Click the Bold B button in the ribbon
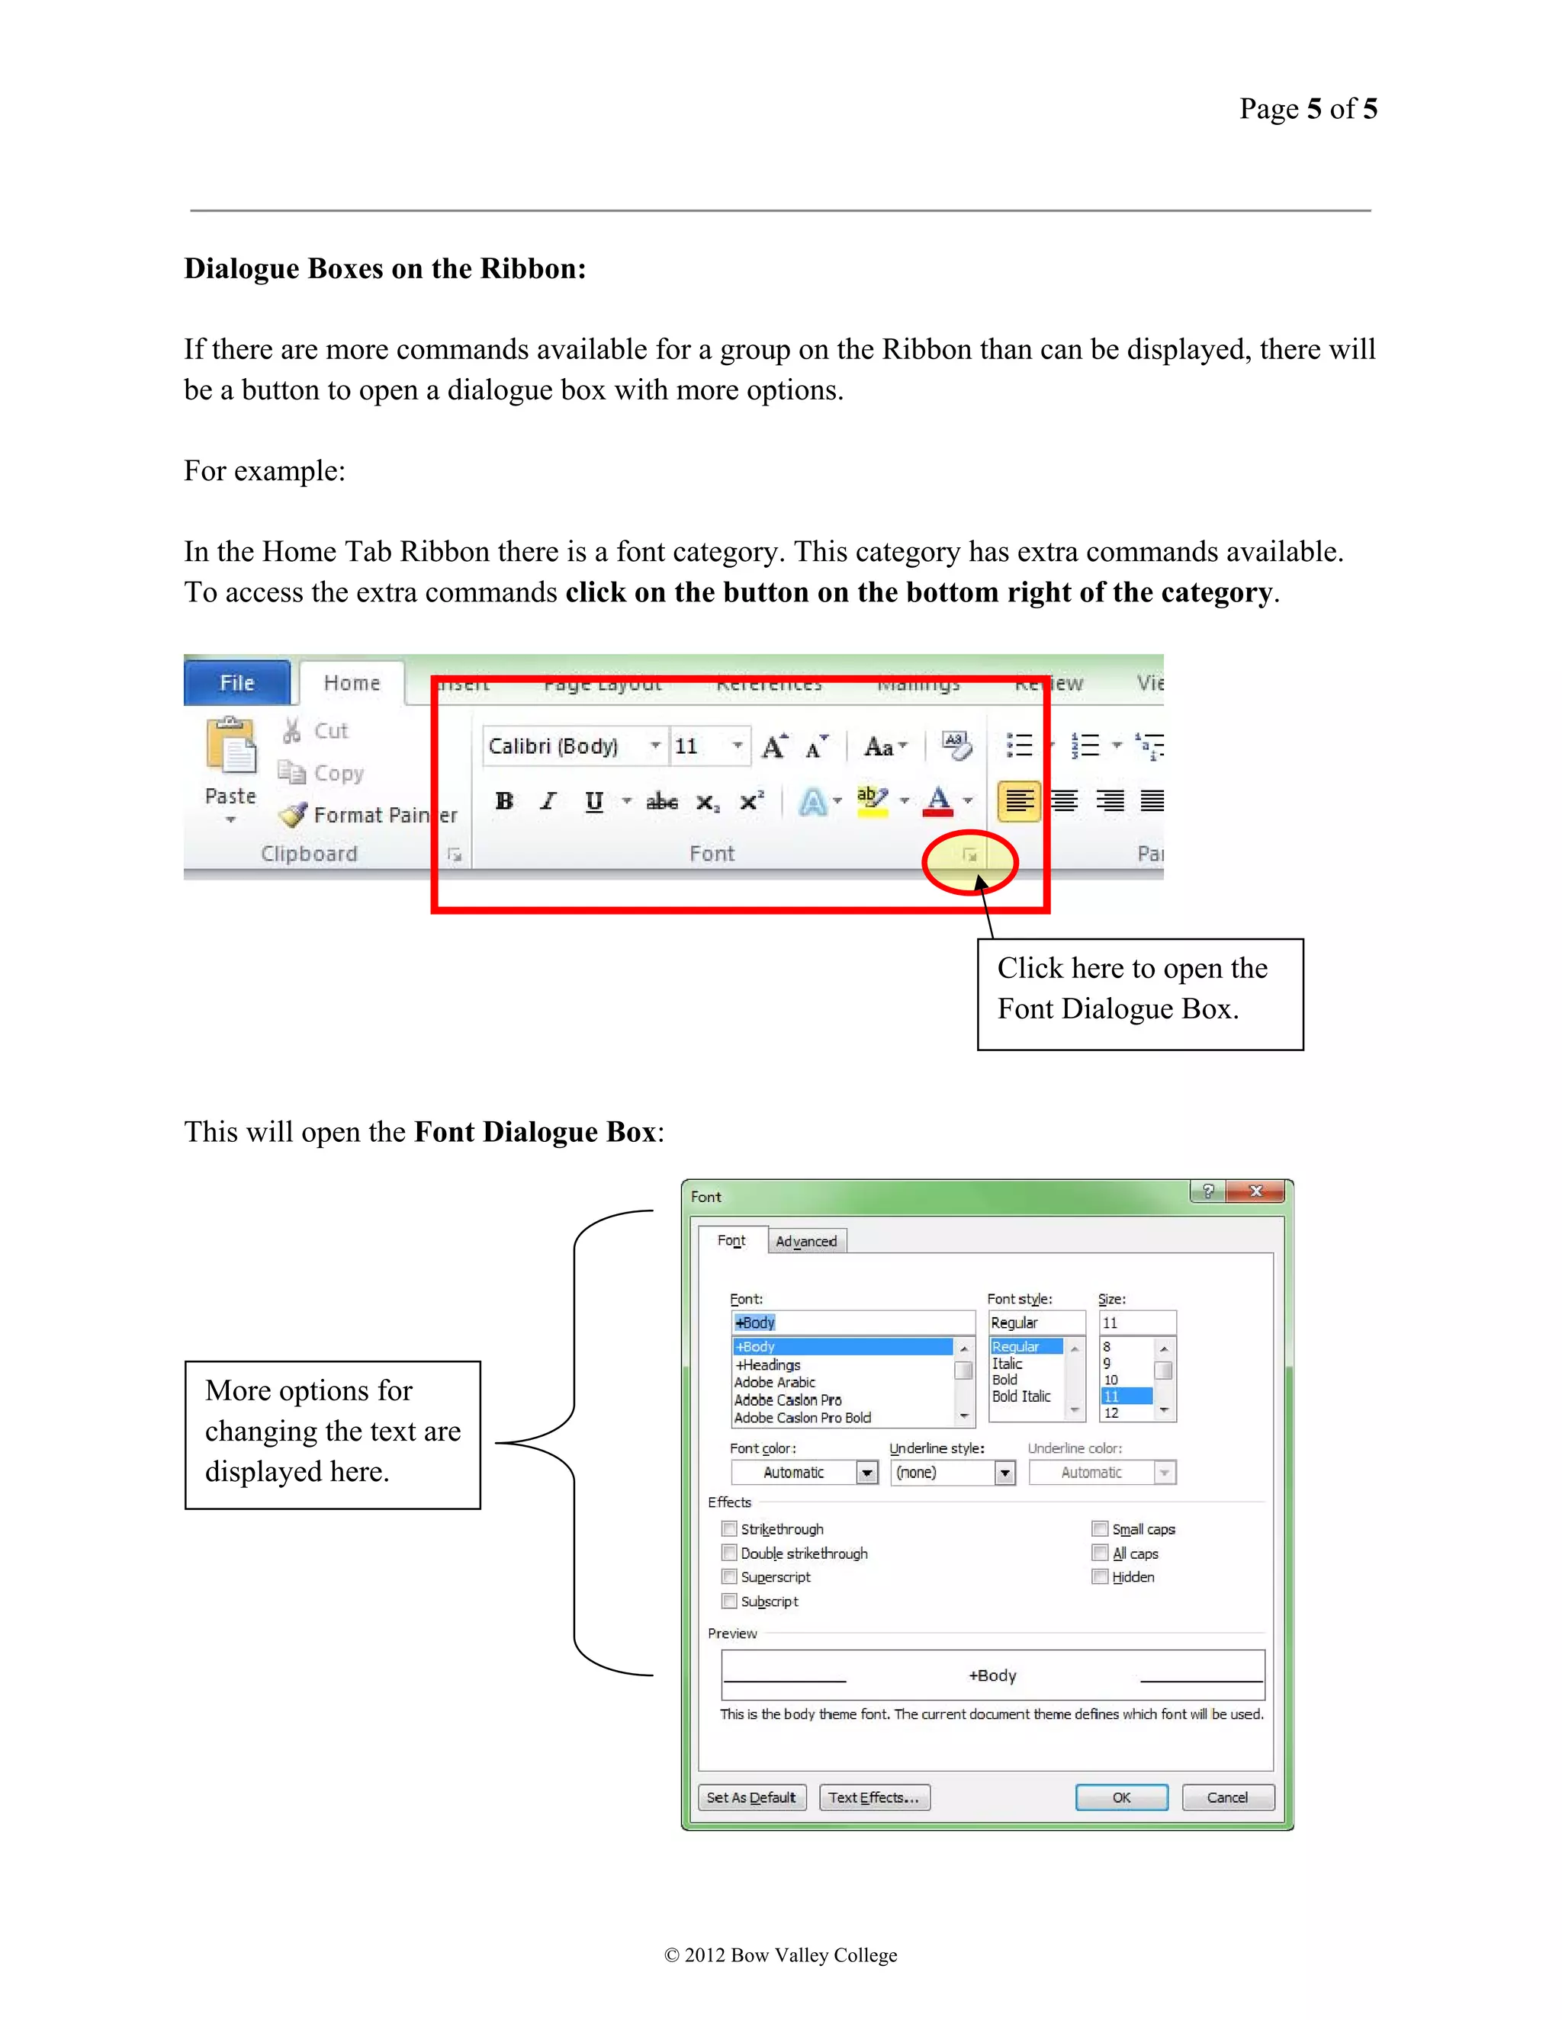coord(504,801)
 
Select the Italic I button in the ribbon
coord(548,801)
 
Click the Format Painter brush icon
coord(294,815)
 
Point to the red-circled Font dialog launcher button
coord(970,855)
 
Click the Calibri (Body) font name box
coord(564,746)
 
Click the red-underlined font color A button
coord(938,801)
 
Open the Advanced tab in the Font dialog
coord(806,1241)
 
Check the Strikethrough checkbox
coord(729,1529)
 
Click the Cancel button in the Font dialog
coord(1227,1797)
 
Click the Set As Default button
coord(750,1797)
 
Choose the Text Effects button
coord(873,1797)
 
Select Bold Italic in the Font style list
coord(1021,1396)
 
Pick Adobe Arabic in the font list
coord(776,1382)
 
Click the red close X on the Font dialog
coord(1255,1191)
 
